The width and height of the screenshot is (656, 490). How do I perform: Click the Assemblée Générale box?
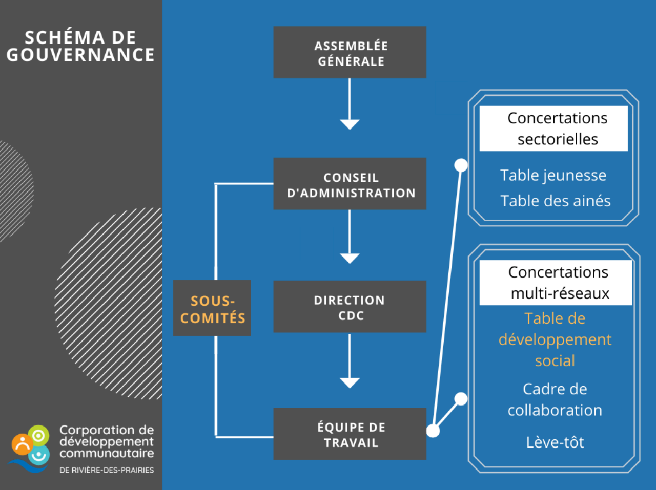point(350,52)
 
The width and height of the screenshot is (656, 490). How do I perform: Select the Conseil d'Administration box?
point(350,184)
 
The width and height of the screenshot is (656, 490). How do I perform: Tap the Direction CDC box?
point(350,307)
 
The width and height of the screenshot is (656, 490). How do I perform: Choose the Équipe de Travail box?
point(350,434)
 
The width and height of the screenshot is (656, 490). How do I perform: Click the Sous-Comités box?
point(212,308)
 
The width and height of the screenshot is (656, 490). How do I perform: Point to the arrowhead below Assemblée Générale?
point(350,124)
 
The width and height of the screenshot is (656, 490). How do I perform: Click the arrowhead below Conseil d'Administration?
point(350,258)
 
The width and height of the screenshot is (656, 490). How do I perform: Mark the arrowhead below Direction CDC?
point(350,382)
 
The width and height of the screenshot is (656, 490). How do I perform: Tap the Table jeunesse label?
point(553,175)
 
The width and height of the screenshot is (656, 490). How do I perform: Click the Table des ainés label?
point(555,201)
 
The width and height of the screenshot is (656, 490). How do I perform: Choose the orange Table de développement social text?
point(555,339)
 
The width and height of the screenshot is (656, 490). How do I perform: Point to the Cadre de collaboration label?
point(555,399)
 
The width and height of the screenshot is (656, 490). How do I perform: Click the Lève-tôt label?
point(555,442)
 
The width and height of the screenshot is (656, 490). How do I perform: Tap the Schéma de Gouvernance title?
point(80,46)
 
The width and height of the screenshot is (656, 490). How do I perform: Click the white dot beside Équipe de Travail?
point(433,431)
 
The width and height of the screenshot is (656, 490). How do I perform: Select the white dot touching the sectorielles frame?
point(461,165)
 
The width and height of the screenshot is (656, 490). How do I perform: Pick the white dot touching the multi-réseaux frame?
point(461,399)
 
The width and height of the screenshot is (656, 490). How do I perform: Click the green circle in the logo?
point(38,436)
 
